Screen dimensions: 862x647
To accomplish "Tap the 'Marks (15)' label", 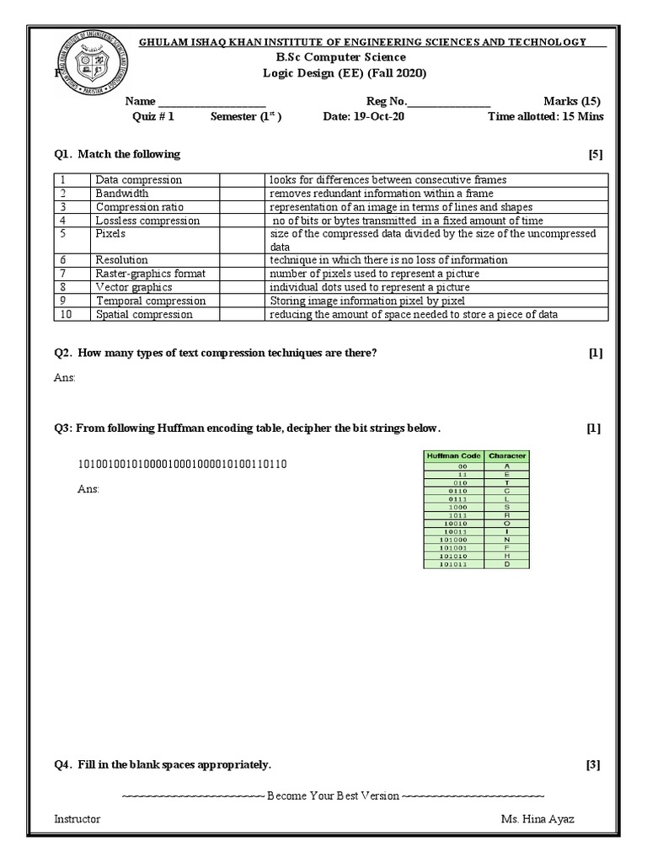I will pos(573,101).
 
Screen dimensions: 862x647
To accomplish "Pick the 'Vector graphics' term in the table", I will pos(133,287).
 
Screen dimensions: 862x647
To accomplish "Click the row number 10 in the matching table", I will pos(65,314).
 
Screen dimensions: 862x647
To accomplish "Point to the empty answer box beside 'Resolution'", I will pos(242,260).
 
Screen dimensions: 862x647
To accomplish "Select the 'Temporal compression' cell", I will pos(150,301).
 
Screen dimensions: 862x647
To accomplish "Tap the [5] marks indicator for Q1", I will pos(596,155).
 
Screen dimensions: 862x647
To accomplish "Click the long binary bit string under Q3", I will pos(183,465).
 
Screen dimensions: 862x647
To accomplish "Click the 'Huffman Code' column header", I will pos(454,455).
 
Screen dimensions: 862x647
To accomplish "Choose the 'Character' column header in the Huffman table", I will pos(507,455).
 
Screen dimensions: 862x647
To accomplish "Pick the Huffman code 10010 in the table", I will pos(454,524).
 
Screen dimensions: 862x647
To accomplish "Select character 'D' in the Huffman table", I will pos(507,565).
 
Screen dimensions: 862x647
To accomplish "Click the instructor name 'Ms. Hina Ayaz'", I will pos(537,819).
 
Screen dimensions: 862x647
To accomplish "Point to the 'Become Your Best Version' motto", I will pos(334,795).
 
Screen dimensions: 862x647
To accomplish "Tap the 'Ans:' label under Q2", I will pos(65,378).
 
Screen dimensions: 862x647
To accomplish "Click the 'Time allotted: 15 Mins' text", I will pos(545,117).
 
